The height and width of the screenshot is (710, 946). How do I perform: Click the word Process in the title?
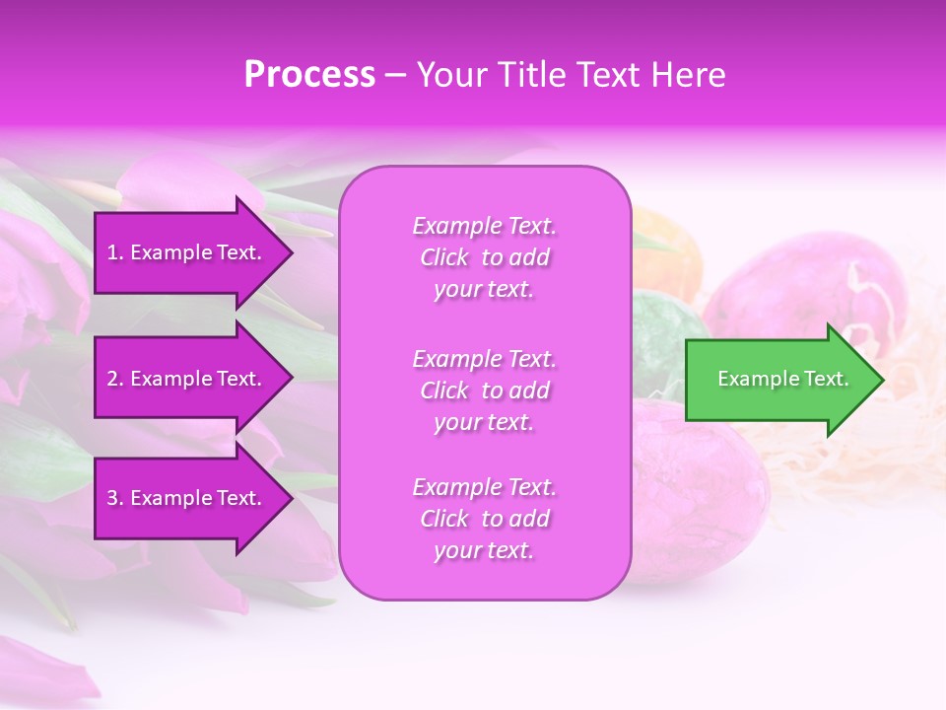click(x=309, y=75)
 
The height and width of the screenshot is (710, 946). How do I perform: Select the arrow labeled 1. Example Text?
click(x=187, y=252)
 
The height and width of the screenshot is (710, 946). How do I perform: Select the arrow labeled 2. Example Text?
click(x=187, y=379)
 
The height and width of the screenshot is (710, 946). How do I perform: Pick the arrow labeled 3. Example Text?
click(x=187, y=498)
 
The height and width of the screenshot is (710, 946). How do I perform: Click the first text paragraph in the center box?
click(x=484, y=257)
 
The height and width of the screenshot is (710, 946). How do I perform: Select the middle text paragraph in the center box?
click(x=484, y=390)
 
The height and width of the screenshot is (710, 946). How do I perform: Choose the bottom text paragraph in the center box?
click(x=484, y=519)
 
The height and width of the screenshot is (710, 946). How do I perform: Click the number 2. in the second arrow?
click(x=115, y=379)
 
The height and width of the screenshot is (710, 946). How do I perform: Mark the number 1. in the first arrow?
click(x=115, y=252)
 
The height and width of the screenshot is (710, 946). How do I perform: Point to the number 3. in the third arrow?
click(x=115, y=498)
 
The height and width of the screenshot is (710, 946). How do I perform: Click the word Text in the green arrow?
click(x=826, y=379)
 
